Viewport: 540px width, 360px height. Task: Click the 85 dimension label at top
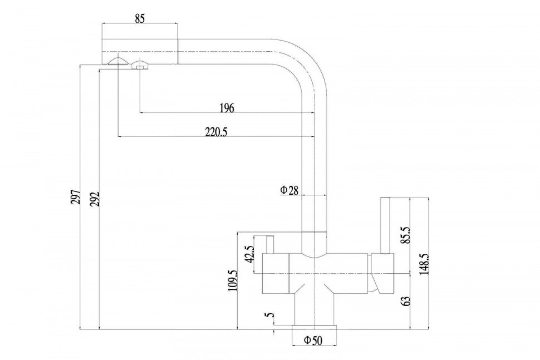point(140,18)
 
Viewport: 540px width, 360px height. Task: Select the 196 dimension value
point(227,108)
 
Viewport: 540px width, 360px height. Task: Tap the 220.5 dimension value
point(216,132)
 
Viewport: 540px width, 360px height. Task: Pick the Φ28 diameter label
point(289,190)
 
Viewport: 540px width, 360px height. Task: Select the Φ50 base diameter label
point(313,341)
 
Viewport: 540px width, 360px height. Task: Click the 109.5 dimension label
point(233,280)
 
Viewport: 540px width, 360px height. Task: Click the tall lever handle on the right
point(385,225)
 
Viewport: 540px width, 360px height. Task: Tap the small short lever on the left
point(271,244)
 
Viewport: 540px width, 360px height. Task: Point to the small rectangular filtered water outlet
point(139,67)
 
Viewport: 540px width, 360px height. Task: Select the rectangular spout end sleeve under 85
point(139,51)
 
